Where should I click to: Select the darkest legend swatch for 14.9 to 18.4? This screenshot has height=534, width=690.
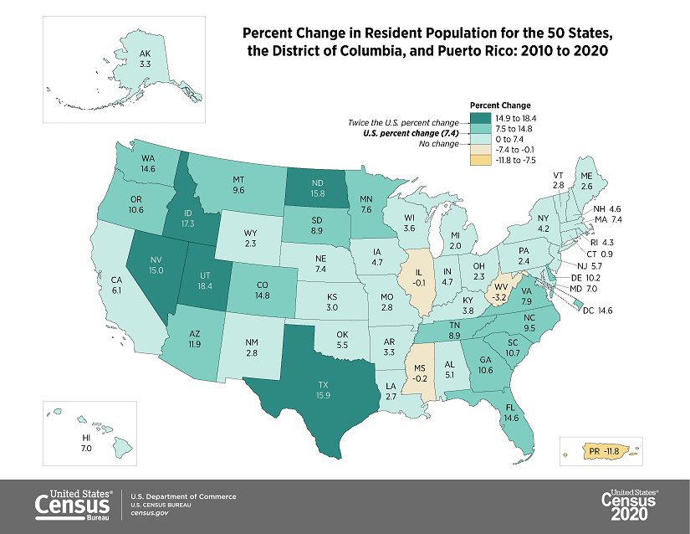(481, 118)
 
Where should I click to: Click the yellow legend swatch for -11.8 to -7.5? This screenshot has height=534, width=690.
(481, 159)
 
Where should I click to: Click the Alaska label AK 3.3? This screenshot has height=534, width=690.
(146, 58)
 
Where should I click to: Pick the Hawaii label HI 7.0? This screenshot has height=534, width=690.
(85, 443)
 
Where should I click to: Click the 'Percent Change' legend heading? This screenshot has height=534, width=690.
(500, 105)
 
